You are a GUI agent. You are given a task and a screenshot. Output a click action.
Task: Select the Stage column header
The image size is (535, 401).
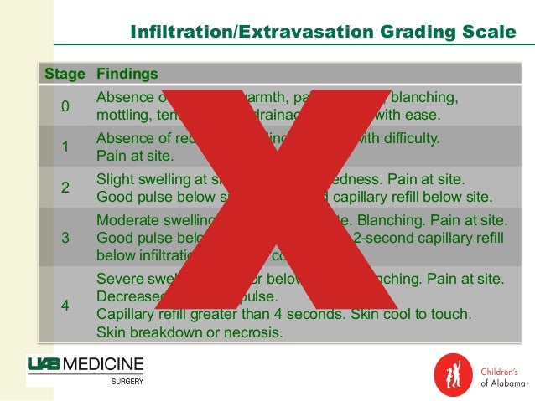[65, 74]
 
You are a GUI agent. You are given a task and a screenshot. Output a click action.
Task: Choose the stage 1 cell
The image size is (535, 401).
[65, 147]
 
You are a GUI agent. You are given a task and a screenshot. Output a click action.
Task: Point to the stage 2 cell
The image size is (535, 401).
[65, 188]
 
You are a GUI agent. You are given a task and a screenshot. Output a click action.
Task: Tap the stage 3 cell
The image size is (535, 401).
[65, 237]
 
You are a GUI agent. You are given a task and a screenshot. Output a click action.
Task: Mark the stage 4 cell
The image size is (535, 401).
[65, 305]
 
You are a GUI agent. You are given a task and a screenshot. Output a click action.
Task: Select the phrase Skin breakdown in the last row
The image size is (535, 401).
[146, 332]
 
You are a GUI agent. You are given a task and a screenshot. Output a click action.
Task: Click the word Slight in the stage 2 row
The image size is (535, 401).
[115, 179]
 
